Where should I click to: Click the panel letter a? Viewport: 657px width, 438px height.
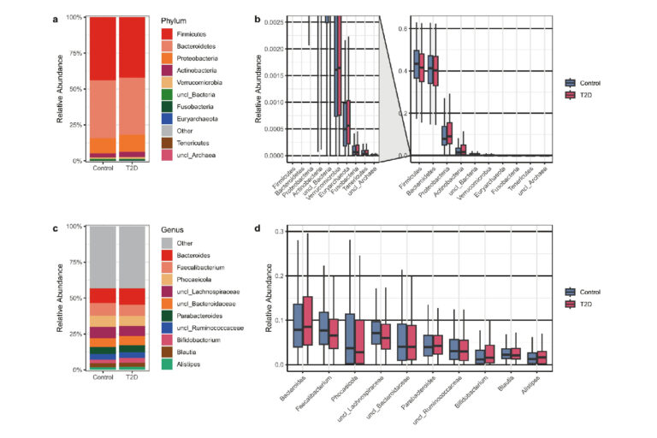(x=56, y=17)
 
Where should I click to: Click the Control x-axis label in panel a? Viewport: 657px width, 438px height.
(x=104, y=167)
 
